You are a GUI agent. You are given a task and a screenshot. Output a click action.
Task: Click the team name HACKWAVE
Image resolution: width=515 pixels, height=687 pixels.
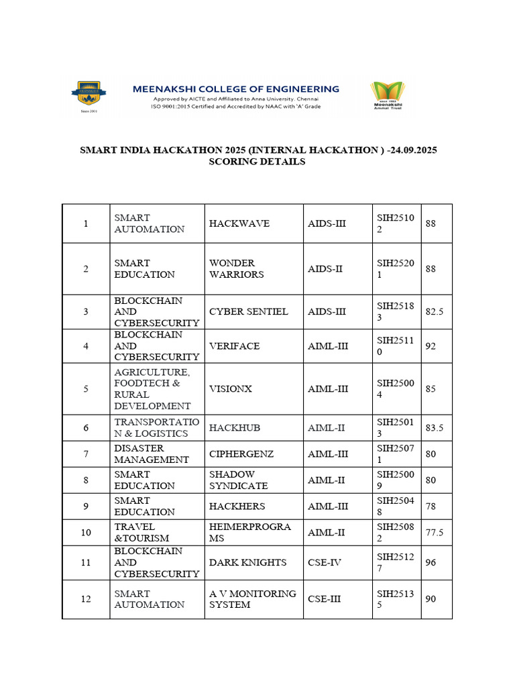[229, 223]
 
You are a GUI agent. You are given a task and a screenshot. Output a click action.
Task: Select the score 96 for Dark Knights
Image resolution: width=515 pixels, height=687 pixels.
[431, 562]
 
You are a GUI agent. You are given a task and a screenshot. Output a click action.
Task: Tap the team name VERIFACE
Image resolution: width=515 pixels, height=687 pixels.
[234, 346]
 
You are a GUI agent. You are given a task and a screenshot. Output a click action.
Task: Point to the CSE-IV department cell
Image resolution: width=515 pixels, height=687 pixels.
[325, 562]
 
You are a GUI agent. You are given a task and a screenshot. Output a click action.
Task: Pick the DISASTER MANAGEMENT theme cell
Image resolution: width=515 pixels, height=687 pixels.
[151, 454]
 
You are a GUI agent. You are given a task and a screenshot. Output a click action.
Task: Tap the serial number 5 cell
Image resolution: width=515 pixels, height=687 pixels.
[86, 388]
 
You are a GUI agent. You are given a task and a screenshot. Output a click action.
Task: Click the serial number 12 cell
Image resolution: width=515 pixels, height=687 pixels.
[86, 598]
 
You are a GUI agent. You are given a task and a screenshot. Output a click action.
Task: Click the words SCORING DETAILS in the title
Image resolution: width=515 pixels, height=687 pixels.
[258, 162]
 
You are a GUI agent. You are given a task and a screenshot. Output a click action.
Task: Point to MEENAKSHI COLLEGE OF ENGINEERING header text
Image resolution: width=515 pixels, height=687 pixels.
[235, 89]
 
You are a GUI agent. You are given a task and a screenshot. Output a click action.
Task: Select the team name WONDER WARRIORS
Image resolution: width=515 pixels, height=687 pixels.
[236, 268]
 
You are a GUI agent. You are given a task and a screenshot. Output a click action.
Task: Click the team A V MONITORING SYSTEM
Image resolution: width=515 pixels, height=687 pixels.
[252, 598]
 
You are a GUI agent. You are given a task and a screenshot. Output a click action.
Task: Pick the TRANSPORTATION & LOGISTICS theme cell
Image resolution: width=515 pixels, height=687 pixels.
[156, 427]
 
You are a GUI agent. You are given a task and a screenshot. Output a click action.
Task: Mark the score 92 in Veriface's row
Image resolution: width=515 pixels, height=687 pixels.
[431, 346]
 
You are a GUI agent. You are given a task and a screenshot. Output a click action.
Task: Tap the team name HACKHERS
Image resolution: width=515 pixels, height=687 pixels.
[237, 506]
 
